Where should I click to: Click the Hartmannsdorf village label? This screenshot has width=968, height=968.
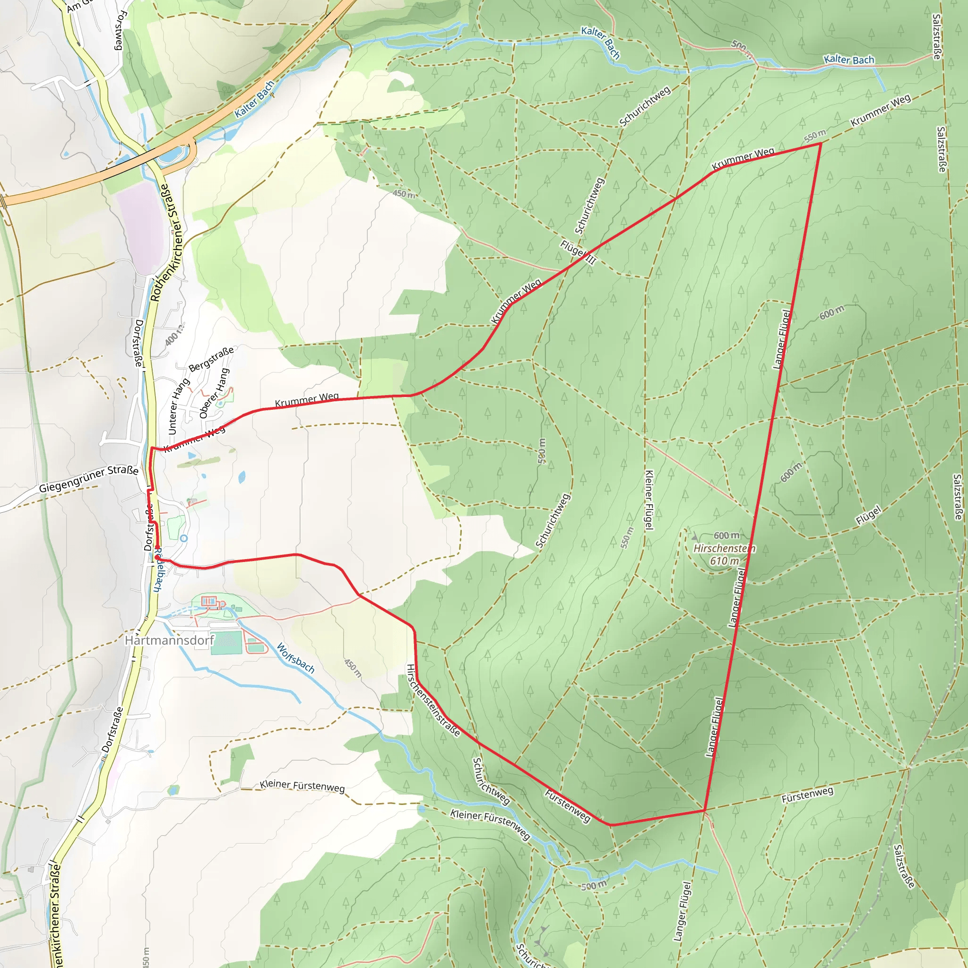(169, 640)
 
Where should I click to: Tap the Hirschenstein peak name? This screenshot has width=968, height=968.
(724, 549)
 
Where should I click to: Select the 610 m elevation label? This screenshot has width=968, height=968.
(724, 561)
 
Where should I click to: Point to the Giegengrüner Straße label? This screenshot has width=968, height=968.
(89, 479)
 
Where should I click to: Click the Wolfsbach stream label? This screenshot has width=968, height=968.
(295, 658)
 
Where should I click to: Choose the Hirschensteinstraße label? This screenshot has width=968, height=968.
(433, 700)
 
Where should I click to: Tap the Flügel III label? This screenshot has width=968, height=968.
(578, 252)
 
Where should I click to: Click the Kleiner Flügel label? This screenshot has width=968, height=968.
(649, 500)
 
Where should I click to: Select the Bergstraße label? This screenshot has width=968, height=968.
(211, 359)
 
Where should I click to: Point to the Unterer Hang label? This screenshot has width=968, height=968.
(179, 406)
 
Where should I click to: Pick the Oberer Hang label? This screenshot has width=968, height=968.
(215, 393)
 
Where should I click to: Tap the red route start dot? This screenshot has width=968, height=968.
(157, 557)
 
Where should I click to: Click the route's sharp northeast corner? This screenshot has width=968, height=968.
(820, 144)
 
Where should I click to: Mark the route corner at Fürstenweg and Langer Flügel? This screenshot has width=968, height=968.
(705, 810)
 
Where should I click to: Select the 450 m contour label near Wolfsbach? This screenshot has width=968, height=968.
(353, 668)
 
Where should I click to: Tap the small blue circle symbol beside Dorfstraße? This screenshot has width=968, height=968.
(184, 538)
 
